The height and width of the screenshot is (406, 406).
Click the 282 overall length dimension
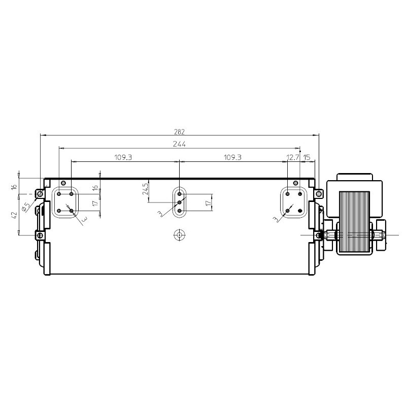[x=179, y=132]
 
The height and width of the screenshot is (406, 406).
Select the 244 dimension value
[x=179, y=144]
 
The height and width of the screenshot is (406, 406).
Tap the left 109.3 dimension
[x=123, y=157]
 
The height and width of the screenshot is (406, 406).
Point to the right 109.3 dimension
[x=232, y=157]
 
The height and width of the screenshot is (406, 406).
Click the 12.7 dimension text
[x=293, y=157]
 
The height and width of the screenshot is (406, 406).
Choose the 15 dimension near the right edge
[x=307, y=157]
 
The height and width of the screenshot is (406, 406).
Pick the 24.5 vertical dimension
[x=145, y=189]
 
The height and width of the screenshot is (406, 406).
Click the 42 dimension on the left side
[x=14, y=215]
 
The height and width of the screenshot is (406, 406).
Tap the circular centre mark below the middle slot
[x=179, y=235]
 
